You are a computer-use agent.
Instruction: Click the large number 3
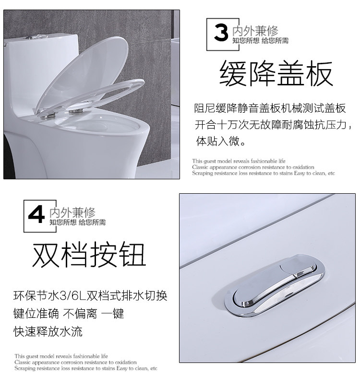click(x=221, y=33)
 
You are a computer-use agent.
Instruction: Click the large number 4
click(x=36, y=214)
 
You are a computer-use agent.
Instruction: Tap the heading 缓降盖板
click(x=276, y=73)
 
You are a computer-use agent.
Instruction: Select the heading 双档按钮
click(x=89, y=254)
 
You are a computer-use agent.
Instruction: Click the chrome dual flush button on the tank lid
click(x=275, y=285)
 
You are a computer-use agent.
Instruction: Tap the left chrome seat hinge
click(x=48, y=116)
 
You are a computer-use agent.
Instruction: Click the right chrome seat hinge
click(x=76, y=111)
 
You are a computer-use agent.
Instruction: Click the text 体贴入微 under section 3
click(x=218, y=141)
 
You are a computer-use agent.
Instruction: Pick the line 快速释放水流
click(x=48, y=331)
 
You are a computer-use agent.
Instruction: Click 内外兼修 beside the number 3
click(x=255, y=31)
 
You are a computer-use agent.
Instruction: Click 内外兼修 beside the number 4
click(x=72, y=212)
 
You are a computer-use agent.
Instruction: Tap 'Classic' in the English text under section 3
click(x=200, y=167)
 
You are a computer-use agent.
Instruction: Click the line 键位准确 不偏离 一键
click(x=69, y=314)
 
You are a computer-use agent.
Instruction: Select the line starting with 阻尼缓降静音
click(x=270, y=108)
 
